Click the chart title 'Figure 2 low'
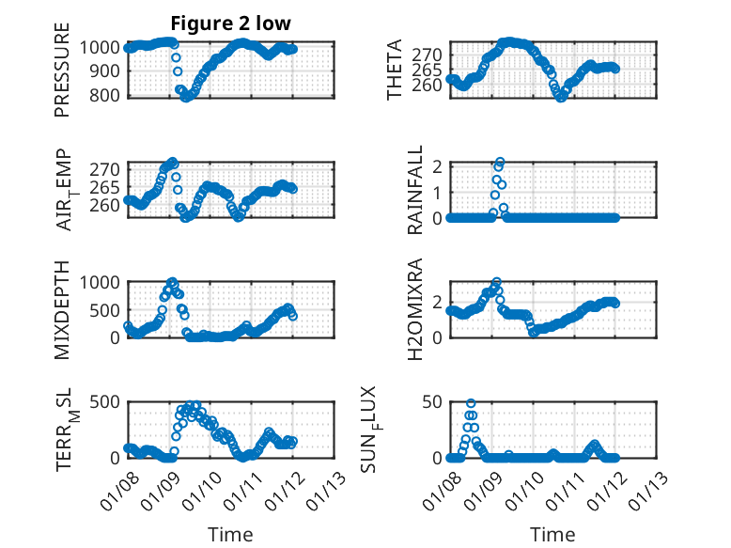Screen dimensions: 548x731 tap(230, 23)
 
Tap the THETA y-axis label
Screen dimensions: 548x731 tap(395, 70)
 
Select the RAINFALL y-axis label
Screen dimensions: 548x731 tap(414, 191)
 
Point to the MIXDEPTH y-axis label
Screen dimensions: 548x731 tap(62, 308)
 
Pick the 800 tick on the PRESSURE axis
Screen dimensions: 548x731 tap(105, 95)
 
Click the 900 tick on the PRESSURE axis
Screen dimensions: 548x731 tap(105, 70)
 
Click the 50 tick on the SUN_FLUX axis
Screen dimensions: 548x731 tap(433, 402)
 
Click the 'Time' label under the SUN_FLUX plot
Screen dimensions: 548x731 tap(552, 535)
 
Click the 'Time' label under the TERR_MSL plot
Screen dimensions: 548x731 tap(230, 535)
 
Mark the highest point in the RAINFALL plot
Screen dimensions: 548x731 tap(500, 163)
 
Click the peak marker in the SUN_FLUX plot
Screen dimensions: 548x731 tap(471, 404)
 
